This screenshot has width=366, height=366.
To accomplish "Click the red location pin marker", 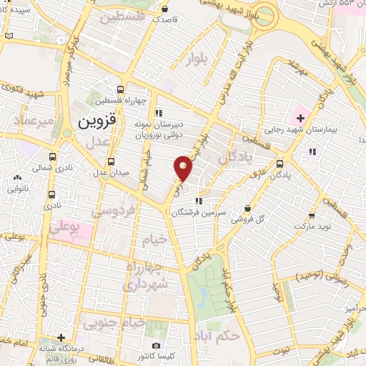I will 184,168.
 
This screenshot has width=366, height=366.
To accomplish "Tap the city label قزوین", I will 91,123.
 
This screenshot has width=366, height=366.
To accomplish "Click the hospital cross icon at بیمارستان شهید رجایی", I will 298,117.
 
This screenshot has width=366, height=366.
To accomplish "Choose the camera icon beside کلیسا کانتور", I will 156,345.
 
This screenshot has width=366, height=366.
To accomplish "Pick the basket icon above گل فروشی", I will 247,209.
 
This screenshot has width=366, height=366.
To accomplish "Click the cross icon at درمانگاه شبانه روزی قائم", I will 62,337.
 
